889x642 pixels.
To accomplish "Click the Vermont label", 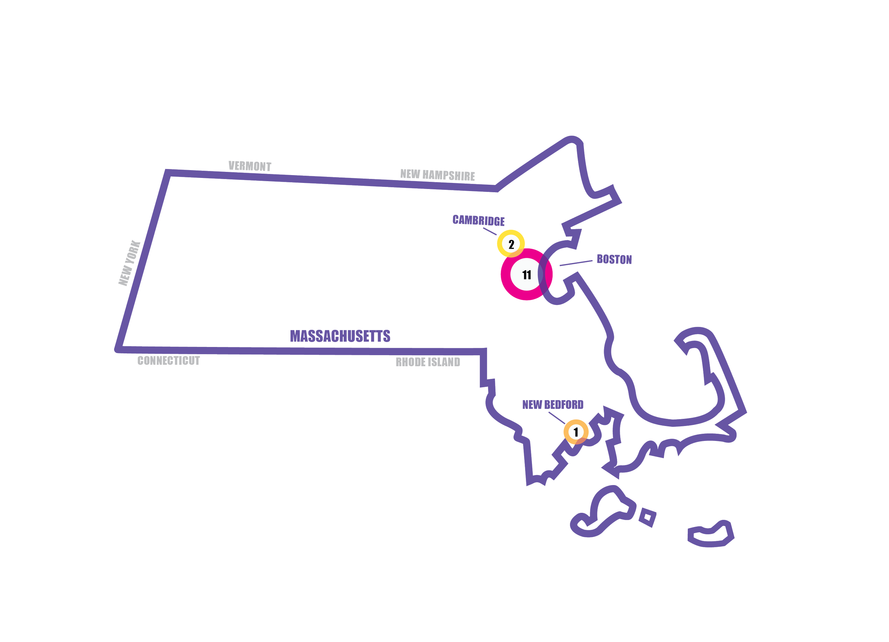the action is click(250, 166).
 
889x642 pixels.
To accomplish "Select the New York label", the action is click(129, 263).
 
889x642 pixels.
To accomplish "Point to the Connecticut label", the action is click(169, 361).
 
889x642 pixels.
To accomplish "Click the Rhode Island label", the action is click(428, 362).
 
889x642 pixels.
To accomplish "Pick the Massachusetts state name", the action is click(340, 336).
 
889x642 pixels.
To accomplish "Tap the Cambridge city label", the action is click(478, 220).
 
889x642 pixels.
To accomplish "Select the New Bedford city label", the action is click(553, 405).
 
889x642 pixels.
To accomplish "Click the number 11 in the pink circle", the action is click(526, 275).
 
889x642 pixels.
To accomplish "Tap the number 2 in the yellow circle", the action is click(511, 244).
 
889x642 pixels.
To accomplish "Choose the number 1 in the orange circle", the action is click(575, 432).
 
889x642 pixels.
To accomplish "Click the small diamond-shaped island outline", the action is click(647, 518).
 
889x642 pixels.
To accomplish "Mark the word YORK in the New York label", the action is click(132, 254).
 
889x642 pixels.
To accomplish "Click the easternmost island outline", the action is click(710, 535).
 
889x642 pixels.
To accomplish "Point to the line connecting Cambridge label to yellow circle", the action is click(490, 231).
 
